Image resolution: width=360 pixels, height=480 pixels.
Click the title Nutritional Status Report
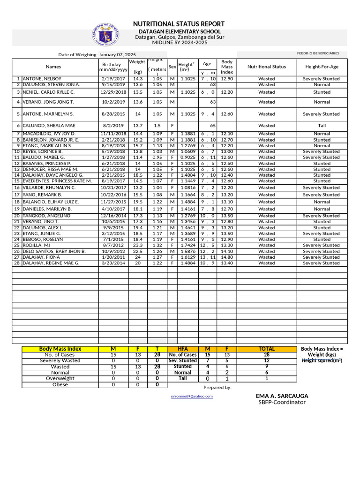tap(179, 24)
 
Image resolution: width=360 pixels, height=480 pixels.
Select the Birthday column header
tap(111, 67)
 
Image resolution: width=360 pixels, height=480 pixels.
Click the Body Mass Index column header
tap(227, 67)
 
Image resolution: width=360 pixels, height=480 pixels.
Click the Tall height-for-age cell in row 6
tap(322, 126)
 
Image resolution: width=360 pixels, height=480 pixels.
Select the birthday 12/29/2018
tap(113, 92)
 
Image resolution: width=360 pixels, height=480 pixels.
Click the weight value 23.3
tap(137, 245)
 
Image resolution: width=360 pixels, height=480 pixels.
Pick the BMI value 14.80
tap(227, 257)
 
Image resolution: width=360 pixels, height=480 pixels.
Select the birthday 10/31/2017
tap(113, 187)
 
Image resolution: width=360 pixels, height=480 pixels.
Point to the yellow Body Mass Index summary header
tap(60, 349)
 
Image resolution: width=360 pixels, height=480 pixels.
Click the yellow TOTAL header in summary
tap(266, 349)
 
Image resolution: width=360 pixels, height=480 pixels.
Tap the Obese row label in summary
tap(60, 385)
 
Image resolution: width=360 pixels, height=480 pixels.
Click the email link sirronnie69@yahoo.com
tap(193, 396)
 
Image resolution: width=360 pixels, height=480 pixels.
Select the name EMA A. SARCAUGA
tap(282, 396)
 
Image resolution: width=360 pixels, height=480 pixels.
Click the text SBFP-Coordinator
tap(282, 402)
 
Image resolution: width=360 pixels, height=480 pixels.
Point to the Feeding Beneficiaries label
tap(318, 53)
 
